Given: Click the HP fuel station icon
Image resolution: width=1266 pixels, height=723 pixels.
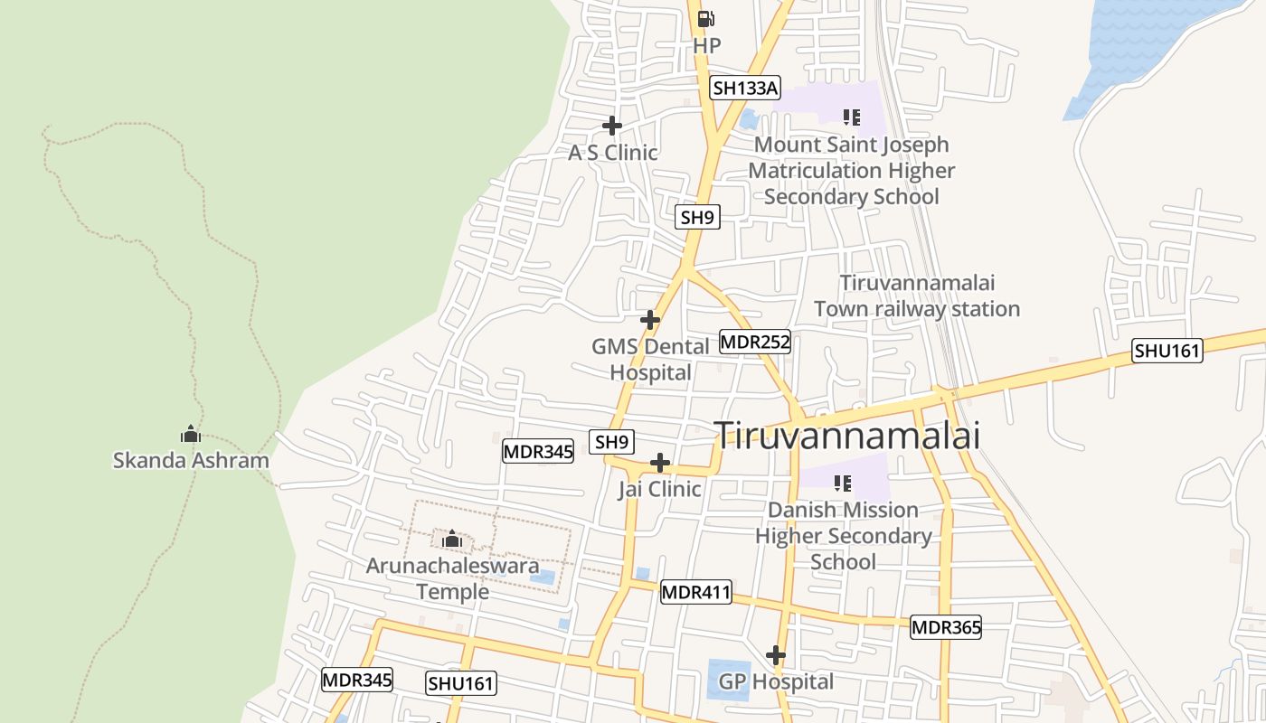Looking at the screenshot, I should pyautogui.click(x=706, y=18).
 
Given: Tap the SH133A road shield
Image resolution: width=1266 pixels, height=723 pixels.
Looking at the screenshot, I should pyautogui.click(x=744, y=88).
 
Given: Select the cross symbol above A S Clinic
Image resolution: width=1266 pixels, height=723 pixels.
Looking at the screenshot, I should pyautogui.click(x=612, y=126).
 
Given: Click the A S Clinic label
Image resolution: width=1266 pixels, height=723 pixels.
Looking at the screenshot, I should pyautogui.click(x=612, y=153).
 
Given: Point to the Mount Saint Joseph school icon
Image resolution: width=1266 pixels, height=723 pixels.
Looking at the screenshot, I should pyautogui.click(x=851, y=117).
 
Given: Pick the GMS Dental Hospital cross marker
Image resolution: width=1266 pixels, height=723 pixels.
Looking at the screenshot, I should pyautogui.click(x=650, y=320).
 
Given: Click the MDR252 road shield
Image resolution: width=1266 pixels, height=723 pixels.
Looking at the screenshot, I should pyautogui.click(x=755, y=342).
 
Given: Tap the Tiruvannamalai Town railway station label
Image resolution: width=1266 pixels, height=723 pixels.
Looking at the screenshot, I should pyautogui.click(x=917, y=296).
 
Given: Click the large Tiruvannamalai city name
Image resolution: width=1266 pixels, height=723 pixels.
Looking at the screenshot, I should pyautogui.click(x=847, y=436).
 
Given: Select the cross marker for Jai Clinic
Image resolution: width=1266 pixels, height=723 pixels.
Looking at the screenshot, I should pyautogui.click(x=661, y=463).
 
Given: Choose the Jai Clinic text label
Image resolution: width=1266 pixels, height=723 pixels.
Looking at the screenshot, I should pyautogui.click(x=659, y=489).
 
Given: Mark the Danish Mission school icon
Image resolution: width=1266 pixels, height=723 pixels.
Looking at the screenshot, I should pyautogui.click(x=843, y=483).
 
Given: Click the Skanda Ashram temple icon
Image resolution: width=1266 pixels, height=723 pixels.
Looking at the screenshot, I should pyautogui.click(x=190, y=434).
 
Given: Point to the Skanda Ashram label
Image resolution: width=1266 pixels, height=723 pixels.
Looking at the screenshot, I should pyautogui.click(x=191, y=460).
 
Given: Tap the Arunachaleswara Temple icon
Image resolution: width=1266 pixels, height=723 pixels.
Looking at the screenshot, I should pyautogui.click(x=452, y=540).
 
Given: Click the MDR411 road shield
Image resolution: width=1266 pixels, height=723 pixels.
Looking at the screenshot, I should pyautogui.click(x=695, y=593).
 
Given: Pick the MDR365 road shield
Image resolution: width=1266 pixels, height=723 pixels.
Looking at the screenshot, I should pyautogui.click(x=946, y=627).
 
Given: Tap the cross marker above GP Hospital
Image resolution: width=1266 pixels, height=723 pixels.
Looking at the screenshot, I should pyautogui.click(x=776, y=655).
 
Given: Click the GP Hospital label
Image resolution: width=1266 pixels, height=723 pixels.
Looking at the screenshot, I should pyautogui.click(x=776, y=681).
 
